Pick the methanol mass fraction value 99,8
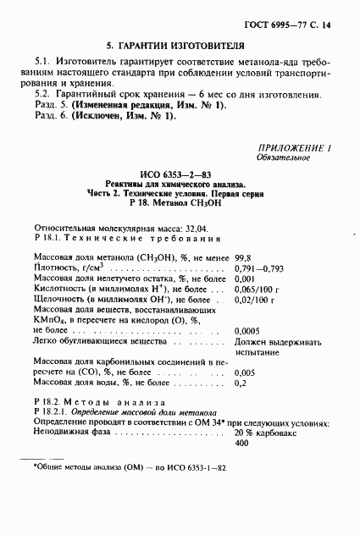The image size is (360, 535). [244, 256]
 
